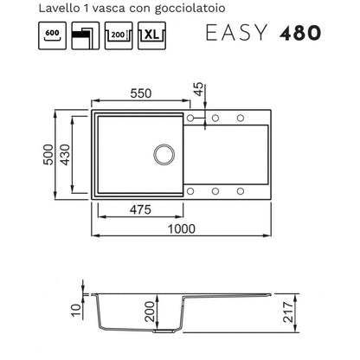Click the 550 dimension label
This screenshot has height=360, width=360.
coord(141,93)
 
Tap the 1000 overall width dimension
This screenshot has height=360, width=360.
coord(182,228)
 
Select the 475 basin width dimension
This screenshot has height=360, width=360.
coord(140,209)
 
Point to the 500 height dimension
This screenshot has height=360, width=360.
coord(48,155)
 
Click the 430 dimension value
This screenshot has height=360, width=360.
coord(65,155)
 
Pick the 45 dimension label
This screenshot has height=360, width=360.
coord(198,89)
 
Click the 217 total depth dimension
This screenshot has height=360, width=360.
coord(288,312)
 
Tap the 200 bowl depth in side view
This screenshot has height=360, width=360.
coord(150,312)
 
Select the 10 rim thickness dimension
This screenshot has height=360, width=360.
coord(77,310)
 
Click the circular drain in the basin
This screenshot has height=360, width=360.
coord(164,155)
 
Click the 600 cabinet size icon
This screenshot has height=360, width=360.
coord(52,35)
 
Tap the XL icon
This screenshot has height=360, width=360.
coord(151,35)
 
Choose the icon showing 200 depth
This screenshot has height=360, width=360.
coord(119,35)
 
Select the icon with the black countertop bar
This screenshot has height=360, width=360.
coord(86,35)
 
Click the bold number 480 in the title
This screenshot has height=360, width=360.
coord(300,33)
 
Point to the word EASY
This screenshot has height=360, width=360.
coord(236,33)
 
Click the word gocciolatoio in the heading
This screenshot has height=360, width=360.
coord(190,9)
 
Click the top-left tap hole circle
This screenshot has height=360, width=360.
coord(190,118)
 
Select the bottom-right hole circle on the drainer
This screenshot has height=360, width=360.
coord(241,191)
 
